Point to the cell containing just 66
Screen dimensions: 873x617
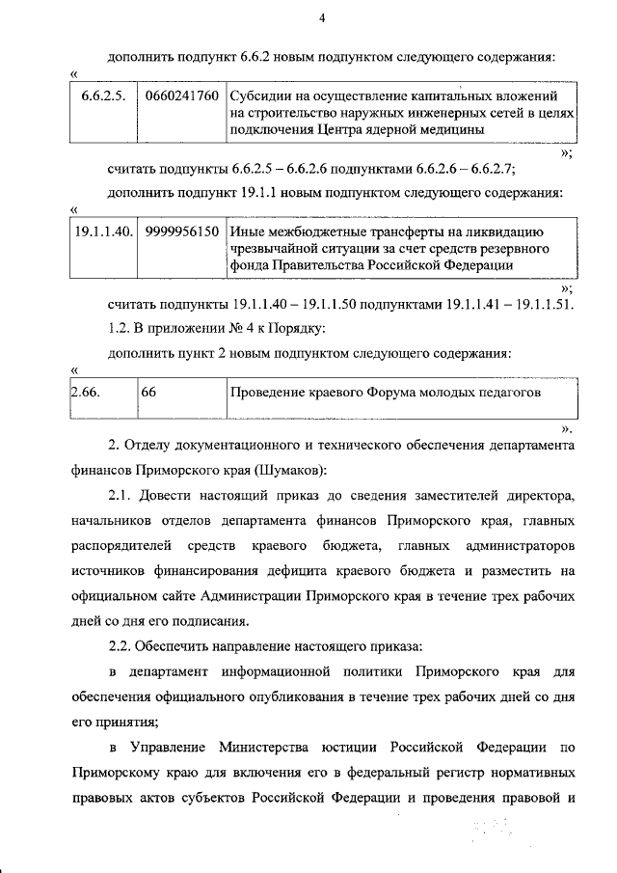pyautogui.click(x=148, y=393)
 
